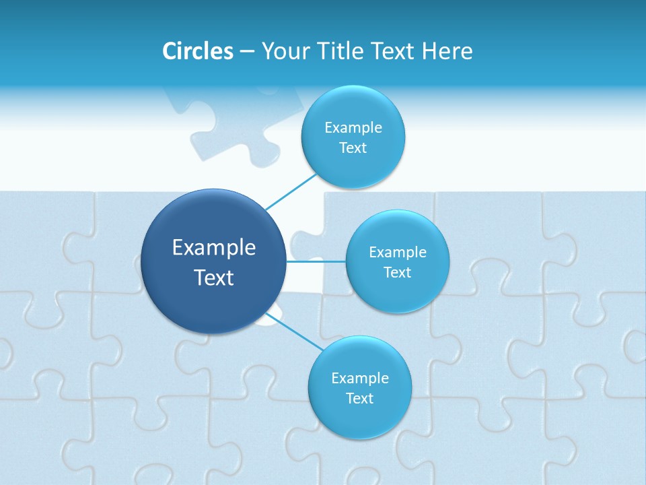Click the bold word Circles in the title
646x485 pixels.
click(198, 51)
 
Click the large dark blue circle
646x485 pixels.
click(214, 296)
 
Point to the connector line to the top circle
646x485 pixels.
click(291, 191)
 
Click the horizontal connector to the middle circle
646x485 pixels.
click(316, 261)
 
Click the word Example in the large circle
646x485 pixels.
click(214, 248)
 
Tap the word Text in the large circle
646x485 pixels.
click(214, 278)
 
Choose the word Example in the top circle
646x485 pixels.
click(353, 128)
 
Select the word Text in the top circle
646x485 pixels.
click(353, 148)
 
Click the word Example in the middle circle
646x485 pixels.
click(398, 253)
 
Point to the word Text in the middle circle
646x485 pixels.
click(398, 273)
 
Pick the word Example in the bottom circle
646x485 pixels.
click(360, 379)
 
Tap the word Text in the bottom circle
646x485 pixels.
click(360, 399)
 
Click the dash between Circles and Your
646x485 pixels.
click(247, 52)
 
